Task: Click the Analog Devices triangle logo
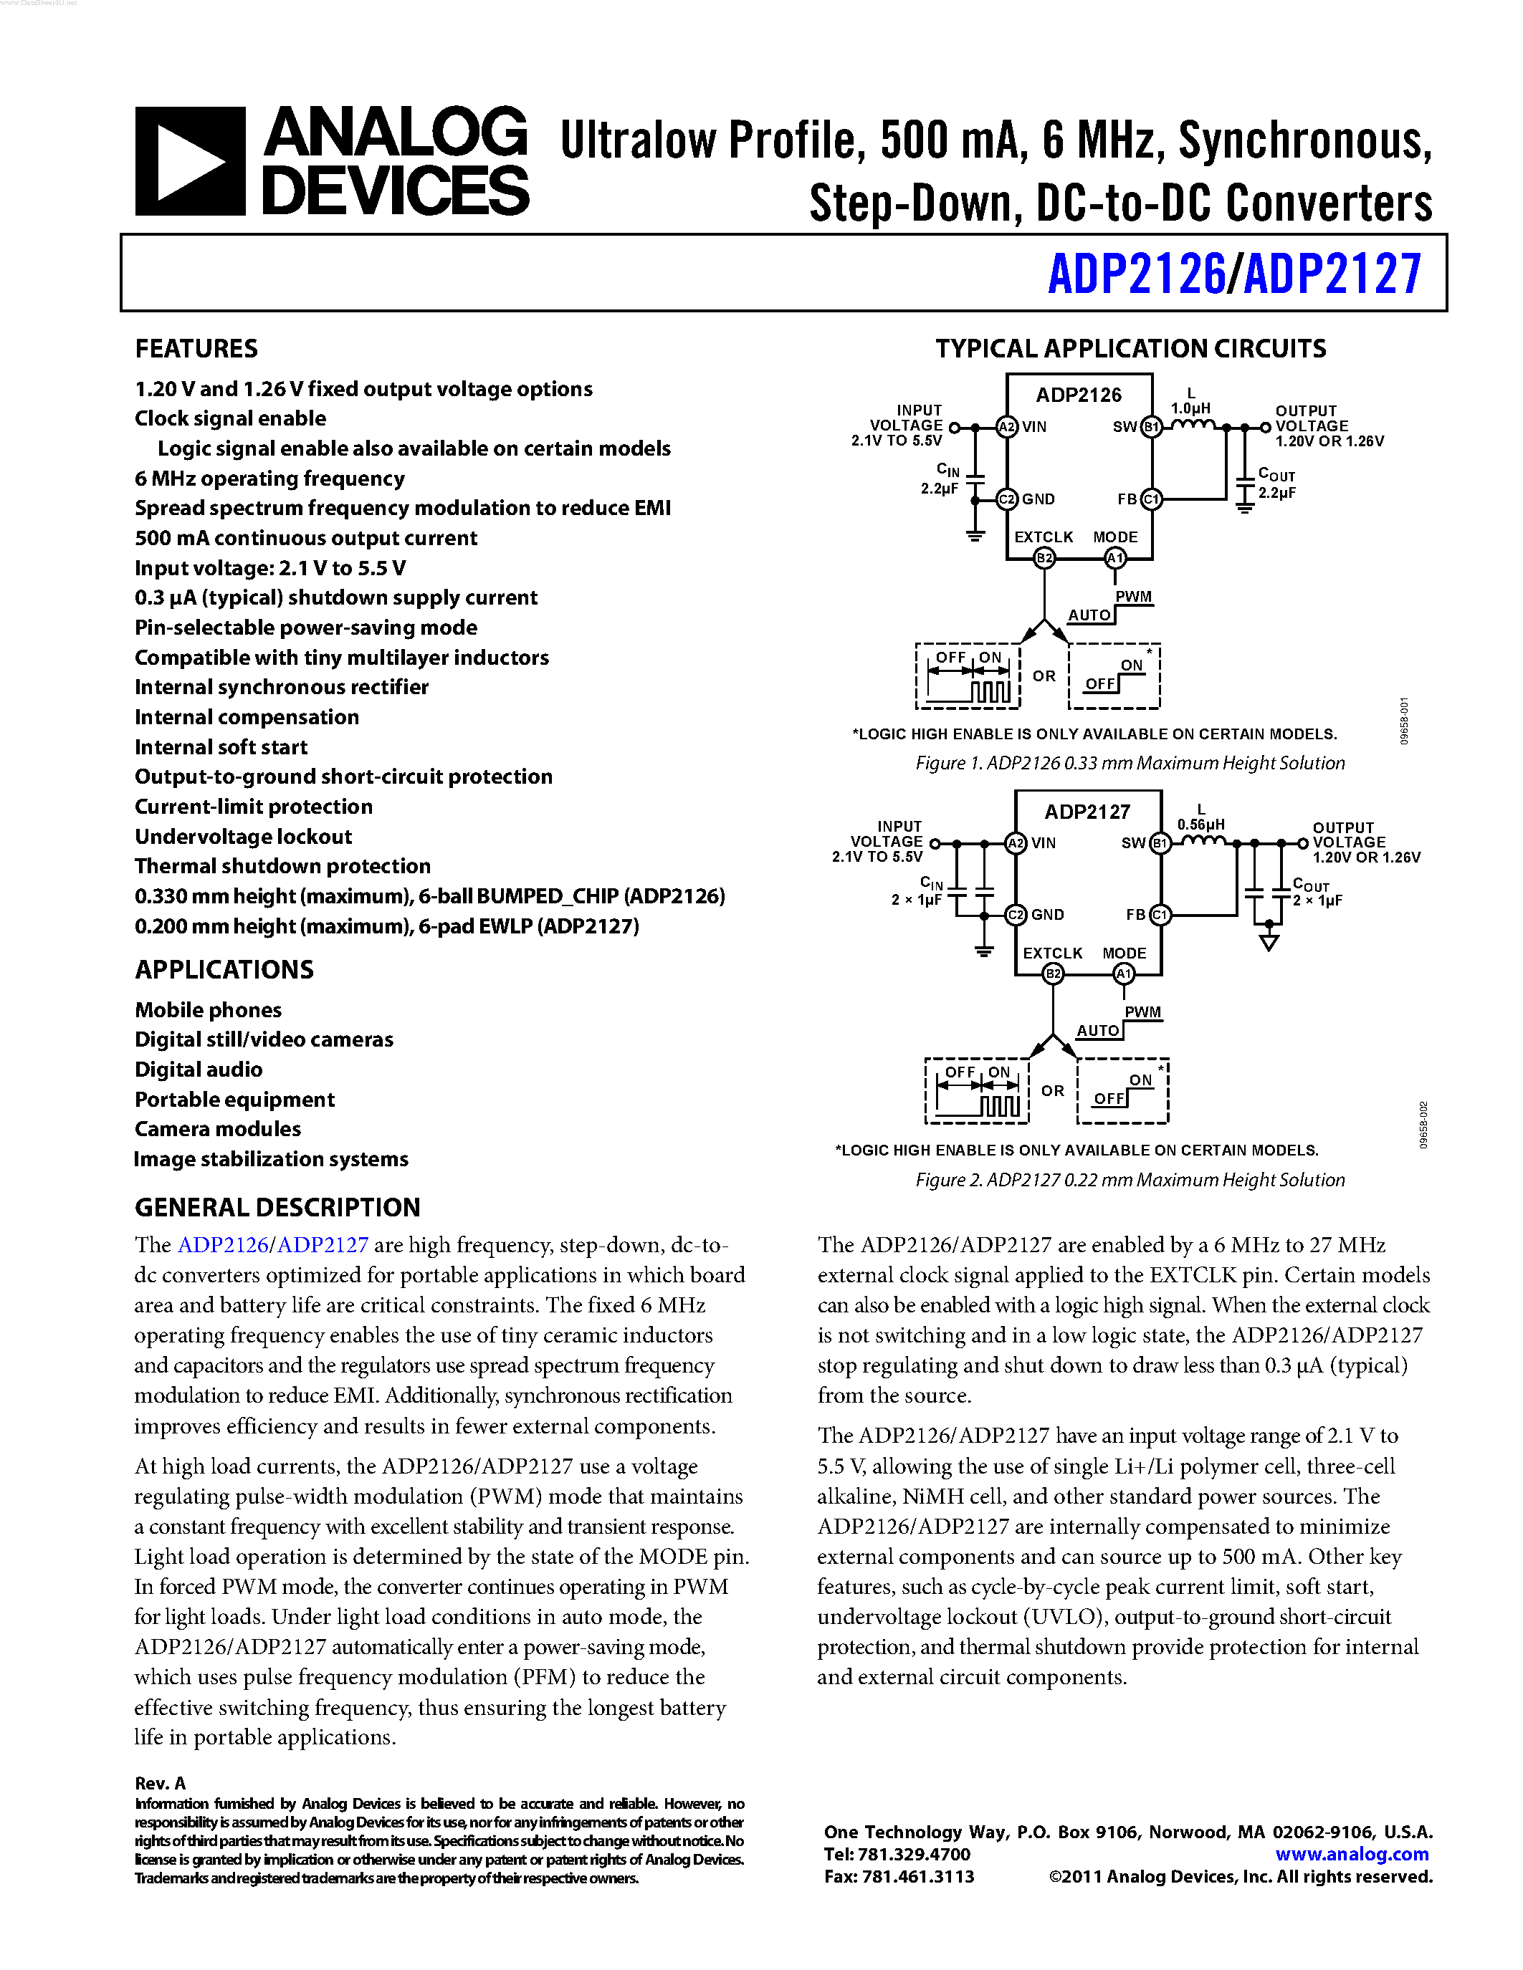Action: tap(189, 161)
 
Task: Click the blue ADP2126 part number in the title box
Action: tap(1136, 274)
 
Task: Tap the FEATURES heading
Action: tap(196, 348)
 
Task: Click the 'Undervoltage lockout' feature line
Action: tap(243, 836)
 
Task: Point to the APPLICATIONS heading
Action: tap(224, 970)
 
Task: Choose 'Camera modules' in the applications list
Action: tap(217, 1128)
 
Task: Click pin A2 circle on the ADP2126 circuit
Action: tap(1007, 427)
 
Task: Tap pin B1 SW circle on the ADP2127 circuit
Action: tap(1160, 843)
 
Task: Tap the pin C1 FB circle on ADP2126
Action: tap(1151, 499)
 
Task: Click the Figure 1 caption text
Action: tap(1130, 763)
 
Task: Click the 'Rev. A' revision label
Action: tap(160, 1783)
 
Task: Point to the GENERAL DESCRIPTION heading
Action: tap(277, 1207)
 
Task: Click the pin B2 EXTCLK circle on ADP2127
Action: tap(1052, 974)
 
